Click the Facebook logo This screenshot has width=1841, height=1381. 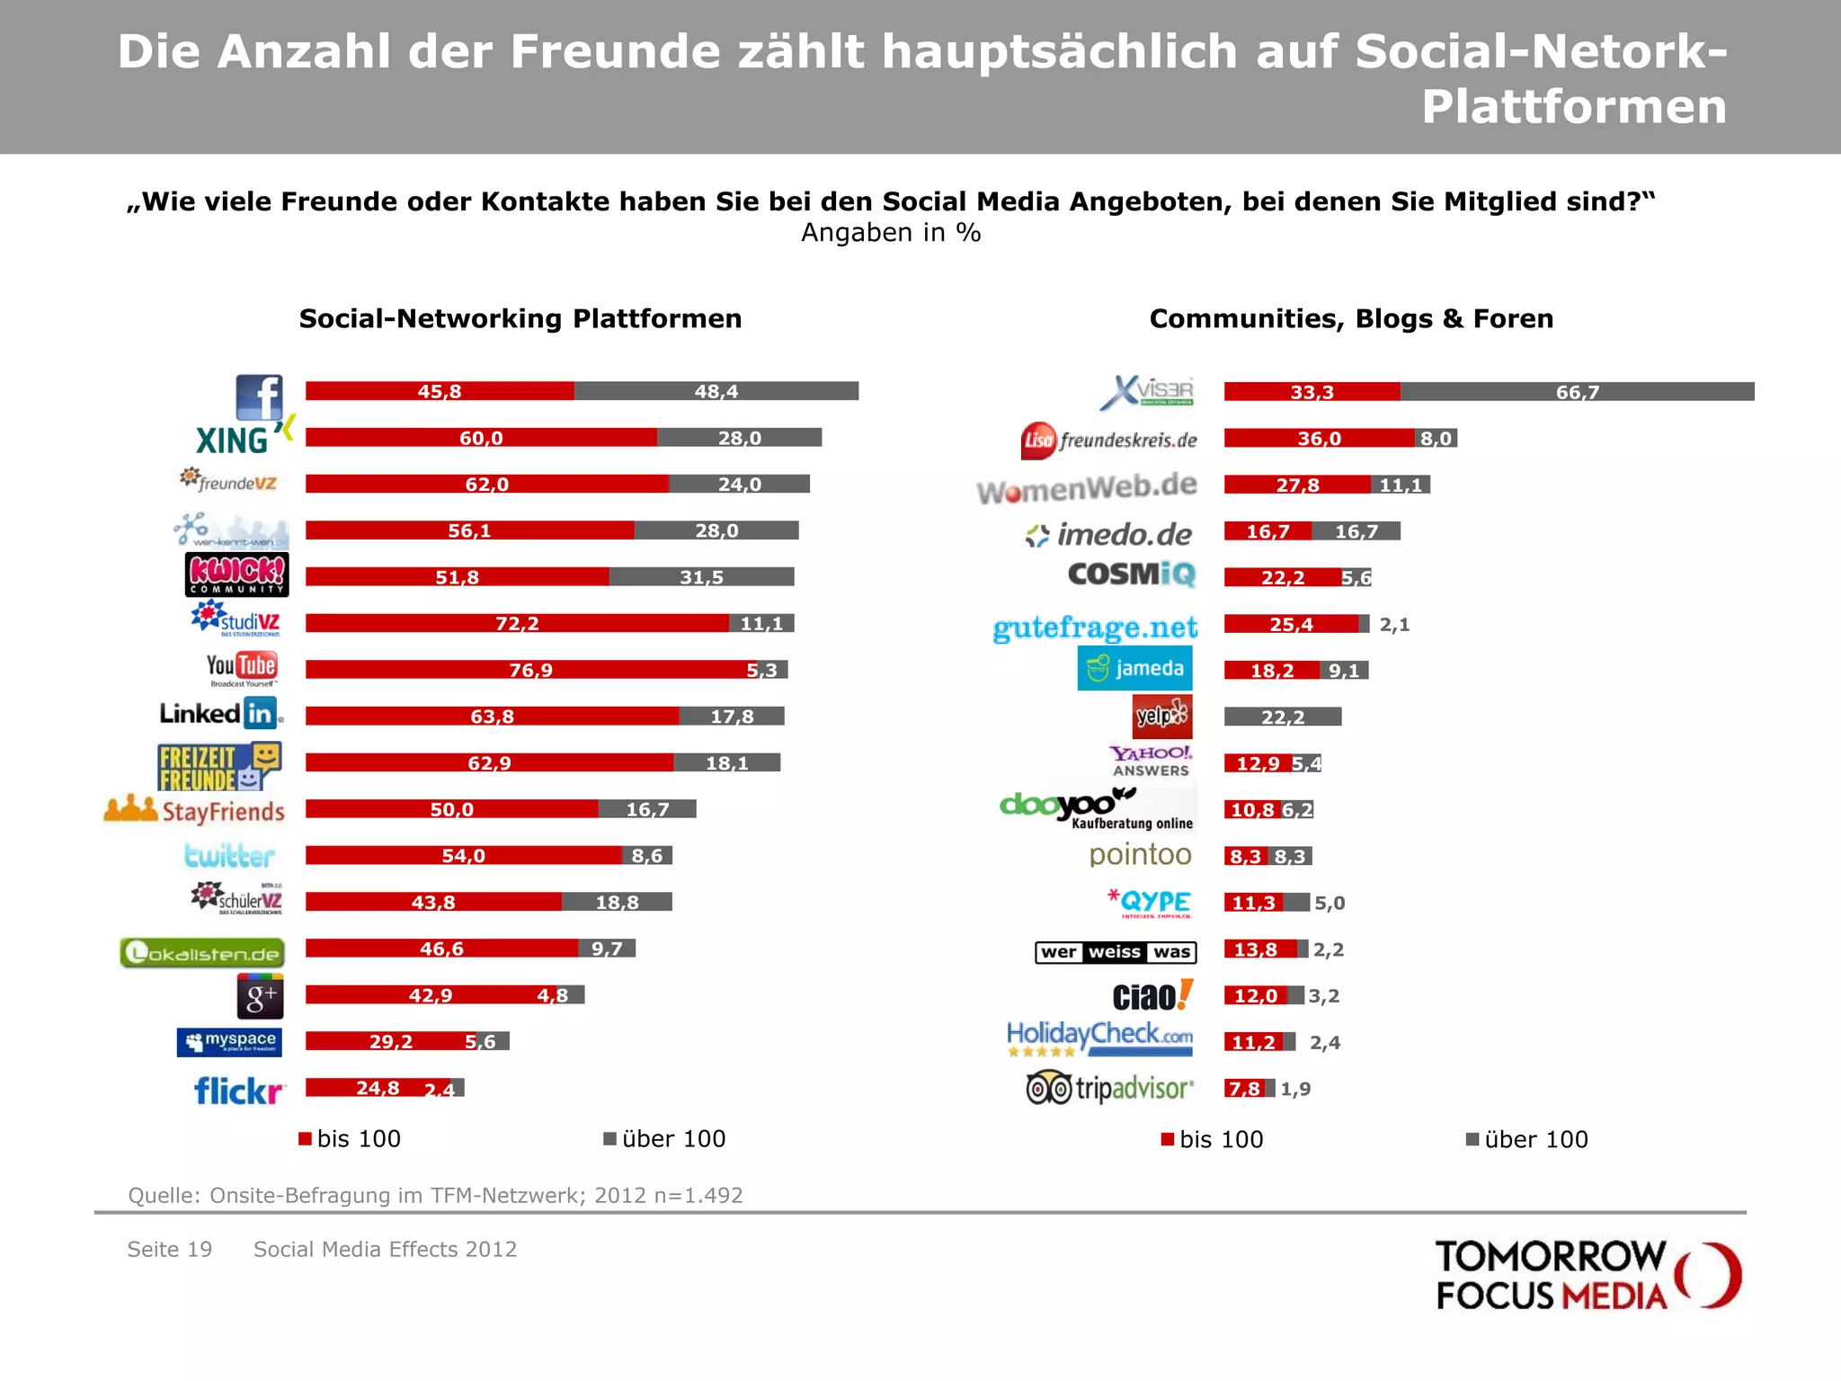pos(259,396)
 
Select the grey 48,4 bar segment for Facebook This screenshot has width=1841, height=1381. pos(716,391)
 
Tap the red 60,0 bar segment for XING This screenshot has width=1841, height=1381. pos(481,438)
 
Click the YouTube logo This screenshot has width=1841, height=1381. pos(242,668)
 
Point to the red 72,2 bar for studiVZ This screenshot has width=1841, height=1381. pos(517,623)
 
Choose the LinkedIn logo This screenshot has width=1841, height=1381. pos(220,714)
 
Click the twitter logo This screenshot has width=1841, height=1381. pos(229,855)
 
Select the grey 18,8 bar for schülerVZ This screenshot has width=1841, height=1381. pos(617,902)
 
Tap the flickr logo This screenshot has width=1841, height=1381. pos(239,1091)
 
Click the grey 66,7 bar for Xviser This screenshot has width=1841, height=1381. pos(1577,392)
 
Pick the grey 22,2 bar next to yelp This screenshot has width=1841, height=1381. pos(1283,717)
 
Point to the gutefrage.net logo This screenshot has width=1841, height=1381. pos(1095,628)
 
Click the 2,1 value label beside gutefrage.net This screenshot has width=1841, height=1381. pos(1394,625)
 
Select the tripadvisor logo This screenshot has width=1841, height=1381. pos(1111,1089)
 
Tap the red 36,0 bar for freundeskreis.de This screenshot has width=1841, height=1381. pos(1319,439)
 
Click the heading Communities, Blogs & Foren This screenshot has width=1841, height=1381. pos(1351,318)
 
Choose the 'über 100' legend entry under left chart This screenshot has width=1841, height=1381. pos(664,1139)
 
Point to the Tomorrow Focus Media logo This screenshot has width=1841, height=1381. pos(1588,1276)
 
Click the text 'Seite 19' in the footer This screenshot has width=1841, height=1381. pos(170,1250)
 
